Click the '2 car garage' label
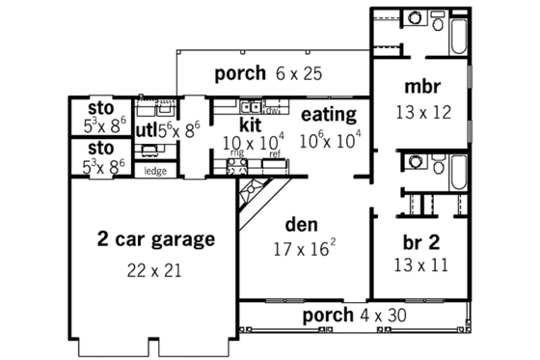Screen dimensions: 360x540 pos(155,238)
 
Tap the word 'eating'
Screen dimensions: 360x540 pos(329,114)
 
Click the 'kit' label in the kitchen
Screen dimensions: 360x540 pos(250,125)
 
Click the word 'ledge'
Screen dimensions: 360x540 pos(153,171)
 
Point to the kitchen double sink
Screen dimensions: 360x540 pos(250,107)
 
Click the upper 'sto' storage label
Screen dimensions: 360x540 pos(101,107)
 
